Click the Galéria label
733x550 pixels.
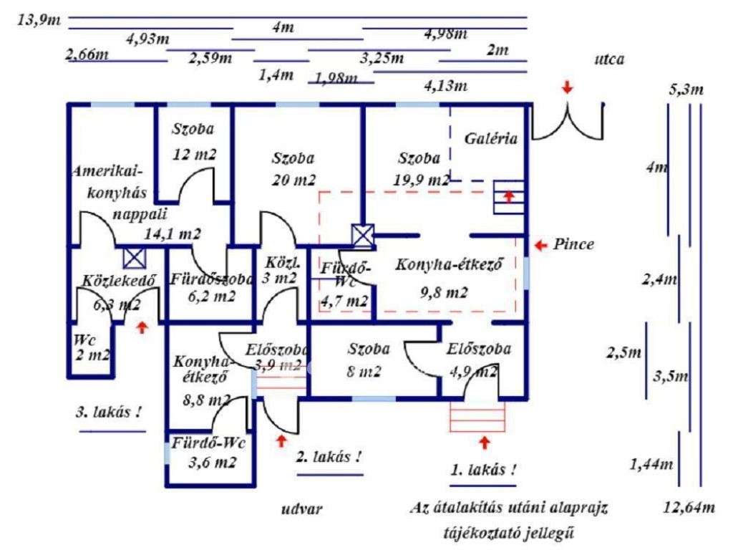tap(491, 139)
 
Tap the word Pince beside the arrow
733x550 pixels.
tap(573, 244)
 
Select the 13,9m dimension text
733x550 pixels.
tap(39, 19)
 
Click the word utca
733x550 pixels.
tap(608, 59)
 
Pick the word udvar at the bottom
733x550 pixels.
tap(301, 509)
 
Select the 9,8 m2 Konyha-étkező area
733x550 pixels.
tap(444, 292)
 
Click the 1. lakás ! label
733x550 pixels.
tap(482, 471)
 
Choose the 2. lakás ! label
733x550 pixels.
tap(329, 456)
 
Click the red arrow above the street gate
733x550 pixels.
tap(567, 87)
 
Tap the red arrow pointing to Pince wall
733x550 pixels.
tap(540, 245)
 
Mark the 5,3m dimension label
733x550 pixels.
tap(686, 90)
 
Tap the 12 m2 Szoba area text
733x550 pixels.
tap(194, 153)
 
